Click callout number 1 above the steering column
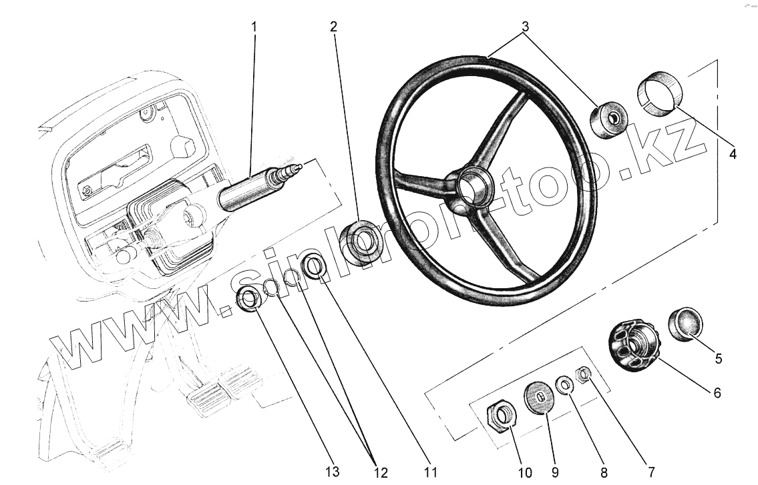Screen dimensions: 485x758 (254, 27)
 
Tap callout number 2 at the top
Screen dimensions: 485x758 (333, 27)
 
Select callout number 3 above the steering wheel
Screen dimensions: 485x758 (525, 27)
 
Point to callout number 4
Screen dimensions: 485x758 (733, 154)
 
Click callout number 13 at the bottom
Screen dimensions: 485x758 (333, 472)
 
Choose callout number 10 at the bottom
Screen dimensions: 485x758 (526, 472)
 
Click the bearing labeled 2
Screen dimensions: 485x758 (361, 242)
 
